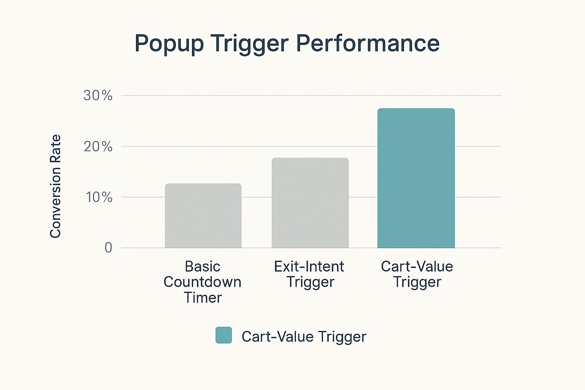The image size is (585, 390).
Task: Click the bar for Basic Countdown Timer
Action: pyautogui.click(x=203, y=216)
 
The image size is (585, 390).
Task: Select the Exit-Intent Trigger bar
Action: pyautogui.click(x=310, y=203)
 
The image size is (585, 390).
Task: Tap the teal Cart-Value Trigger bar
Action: pyautogui.click(x=416, y=178)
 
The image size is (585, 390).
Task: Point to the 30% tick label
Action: pyautogui.click(x=98, y=96)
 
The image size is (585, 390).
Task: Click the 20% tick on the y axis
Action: pyautogui.click(x=98, y=147)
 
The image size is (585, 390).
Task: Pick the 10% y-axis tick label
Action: pyautogui.click(x=99, y=197)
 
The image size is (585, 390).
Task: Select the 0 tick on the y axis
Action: pyautogui.click(x=109, y=248)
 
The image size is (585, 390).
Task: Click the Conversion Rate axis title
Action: pyautogui.click(x=55, y=186)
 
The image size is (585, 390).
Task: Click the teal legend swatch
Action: pyautogui.click(x=224, y=335)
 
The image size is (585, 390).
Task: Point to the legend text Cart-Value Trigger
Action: pyautogui.click(x=304, y=336)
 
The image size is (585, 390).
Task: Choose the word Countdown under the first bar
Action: pyautogui.click(x=202, y=282)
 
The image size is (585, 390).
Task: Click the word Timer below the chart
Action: pyautogui.click(x=203, y=297)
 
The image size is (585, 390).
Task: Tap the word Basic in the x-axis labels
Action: pyautogui.click(x=203, y=267)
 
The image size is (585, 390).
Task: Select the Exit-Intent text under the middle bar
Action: pyautogui.click(x=309, y=267)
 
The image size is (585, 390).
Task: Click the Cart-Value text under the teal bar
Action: pyautogui.click(x=417, y=267)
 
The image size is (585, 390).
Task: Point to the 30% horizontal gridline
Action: pyautogui.click(x=311, y=96)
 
